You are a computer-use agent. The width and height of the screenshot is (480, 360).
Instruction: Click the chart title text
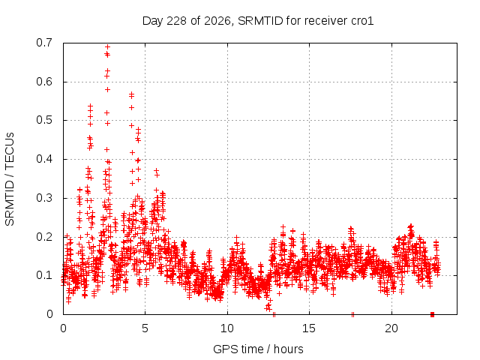tap(258, 21)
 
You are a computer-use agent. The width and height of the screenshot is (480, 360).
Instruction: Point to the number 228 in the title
tap(177, 21)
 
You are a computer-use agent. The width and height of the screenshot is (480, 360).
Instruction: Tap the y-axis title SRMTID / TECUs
tap(10, 179)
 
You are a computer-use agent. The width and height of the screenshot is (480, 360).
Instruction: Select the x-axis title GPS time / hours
tap(258, 349)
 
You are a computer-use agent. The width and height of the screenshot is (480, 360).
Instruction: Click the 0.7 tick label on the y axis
tap(44, 43)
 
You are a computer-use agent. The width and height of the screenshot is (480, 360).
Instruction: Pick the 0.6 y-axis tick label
tap(44, 82)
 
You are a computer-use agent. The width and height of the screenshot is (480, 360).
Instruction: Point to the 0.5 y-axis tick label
tap(44, 120)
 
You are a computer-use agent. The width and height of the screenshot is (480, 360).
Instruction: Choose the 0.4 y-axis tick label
tap(44, 159)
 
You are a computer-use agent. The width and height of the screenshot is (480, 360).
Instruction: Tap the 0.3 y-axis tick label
tap(44, 198)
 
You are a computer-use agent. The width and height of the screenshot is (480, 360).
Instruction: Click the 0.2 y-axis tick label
tap(44, 237)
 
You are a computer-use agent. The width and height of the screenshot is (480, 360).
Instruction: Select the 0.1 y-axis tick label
tap(44, 275)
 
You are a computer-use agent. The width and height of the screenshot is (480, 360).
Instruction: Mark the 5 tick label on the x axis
tap(145, 328)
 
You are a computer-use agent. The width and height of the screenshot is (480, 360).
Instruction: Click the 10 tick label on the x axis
tap(227, 328)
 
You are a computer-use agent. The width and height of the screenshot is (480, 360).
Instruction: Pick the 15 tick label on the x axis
tap(309, 328)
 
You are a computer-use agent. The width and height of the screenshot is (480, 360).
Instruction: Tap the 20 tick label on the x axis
tap(391, 328)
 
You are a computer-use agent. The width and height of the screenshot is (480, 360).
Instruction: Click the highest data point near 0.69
tap(107, 46)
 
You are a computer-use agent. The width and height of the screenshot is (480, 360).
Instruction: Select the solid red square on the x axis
tap(432, 314)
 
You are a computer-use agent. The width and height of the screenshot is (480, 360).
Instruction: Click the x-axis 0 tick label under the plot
tap(63, 328)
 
